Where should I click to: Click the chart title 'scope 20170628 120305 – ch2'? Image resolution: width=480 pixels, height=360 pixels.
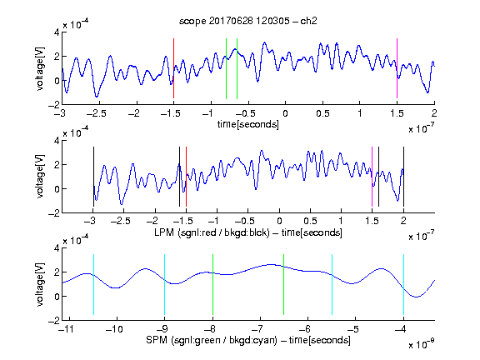(x=248, y=21)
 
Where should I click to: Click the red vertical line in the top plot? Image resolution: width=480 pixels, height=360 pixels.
(x=173, y=68)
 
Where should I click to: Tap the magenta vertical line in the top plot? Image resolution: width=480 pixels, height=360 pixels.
(x=397, y=68)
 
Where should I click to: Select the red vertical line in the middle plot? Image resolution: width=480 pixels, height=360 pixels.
(x=186, y=177)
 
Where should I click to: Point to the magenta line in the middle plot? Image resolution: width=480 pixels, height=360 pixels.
(x=372, y=177)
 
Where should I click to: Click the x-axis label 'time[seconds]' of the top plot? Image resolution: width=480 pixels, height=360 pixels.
(x=248, y=124)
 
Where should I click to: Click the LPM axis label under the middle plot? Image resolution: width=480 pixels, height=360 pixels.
(x=248, y=232)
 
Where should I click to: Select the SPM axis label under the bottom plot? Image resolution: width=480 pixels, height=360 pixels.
(x=248, y=340)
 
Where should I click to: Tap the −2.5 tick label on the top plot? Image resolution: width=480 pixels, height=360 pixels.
(x=96, y=113)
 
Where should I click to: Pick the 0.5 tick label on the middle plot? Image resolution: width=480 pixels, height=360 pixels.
(x=310, y=221)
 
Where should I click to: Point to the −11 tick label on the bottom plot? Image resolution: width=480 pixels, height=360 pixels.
(x=67, y=329)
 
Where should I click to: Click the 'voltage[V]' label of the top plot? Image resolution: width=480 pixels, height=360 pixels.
(x=40, y=68)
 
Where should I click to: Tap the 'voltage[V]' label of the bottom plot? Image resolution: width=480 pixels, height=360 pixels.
(x=40, y=284)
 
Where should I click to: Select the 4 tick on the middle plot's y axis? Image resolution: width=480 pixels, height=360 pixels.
(x=57, y=141)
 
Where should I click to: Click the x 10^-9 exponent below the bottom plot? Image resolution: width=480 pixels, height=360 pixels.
(x=422, y=343)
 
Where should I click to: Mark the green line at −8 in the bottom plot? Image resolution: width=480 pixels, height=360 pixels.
(x=212, y=284)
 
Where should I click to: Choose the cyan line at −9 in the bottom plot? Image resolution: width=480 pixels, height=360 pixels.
(x=164, y=284)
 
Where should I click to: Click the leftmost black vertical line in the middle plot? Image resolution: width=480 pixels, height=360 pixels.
(x=93, y=177)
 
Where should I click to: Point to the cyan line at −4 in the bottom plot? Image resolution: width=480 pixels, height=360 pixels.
(x=403, y=284)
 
